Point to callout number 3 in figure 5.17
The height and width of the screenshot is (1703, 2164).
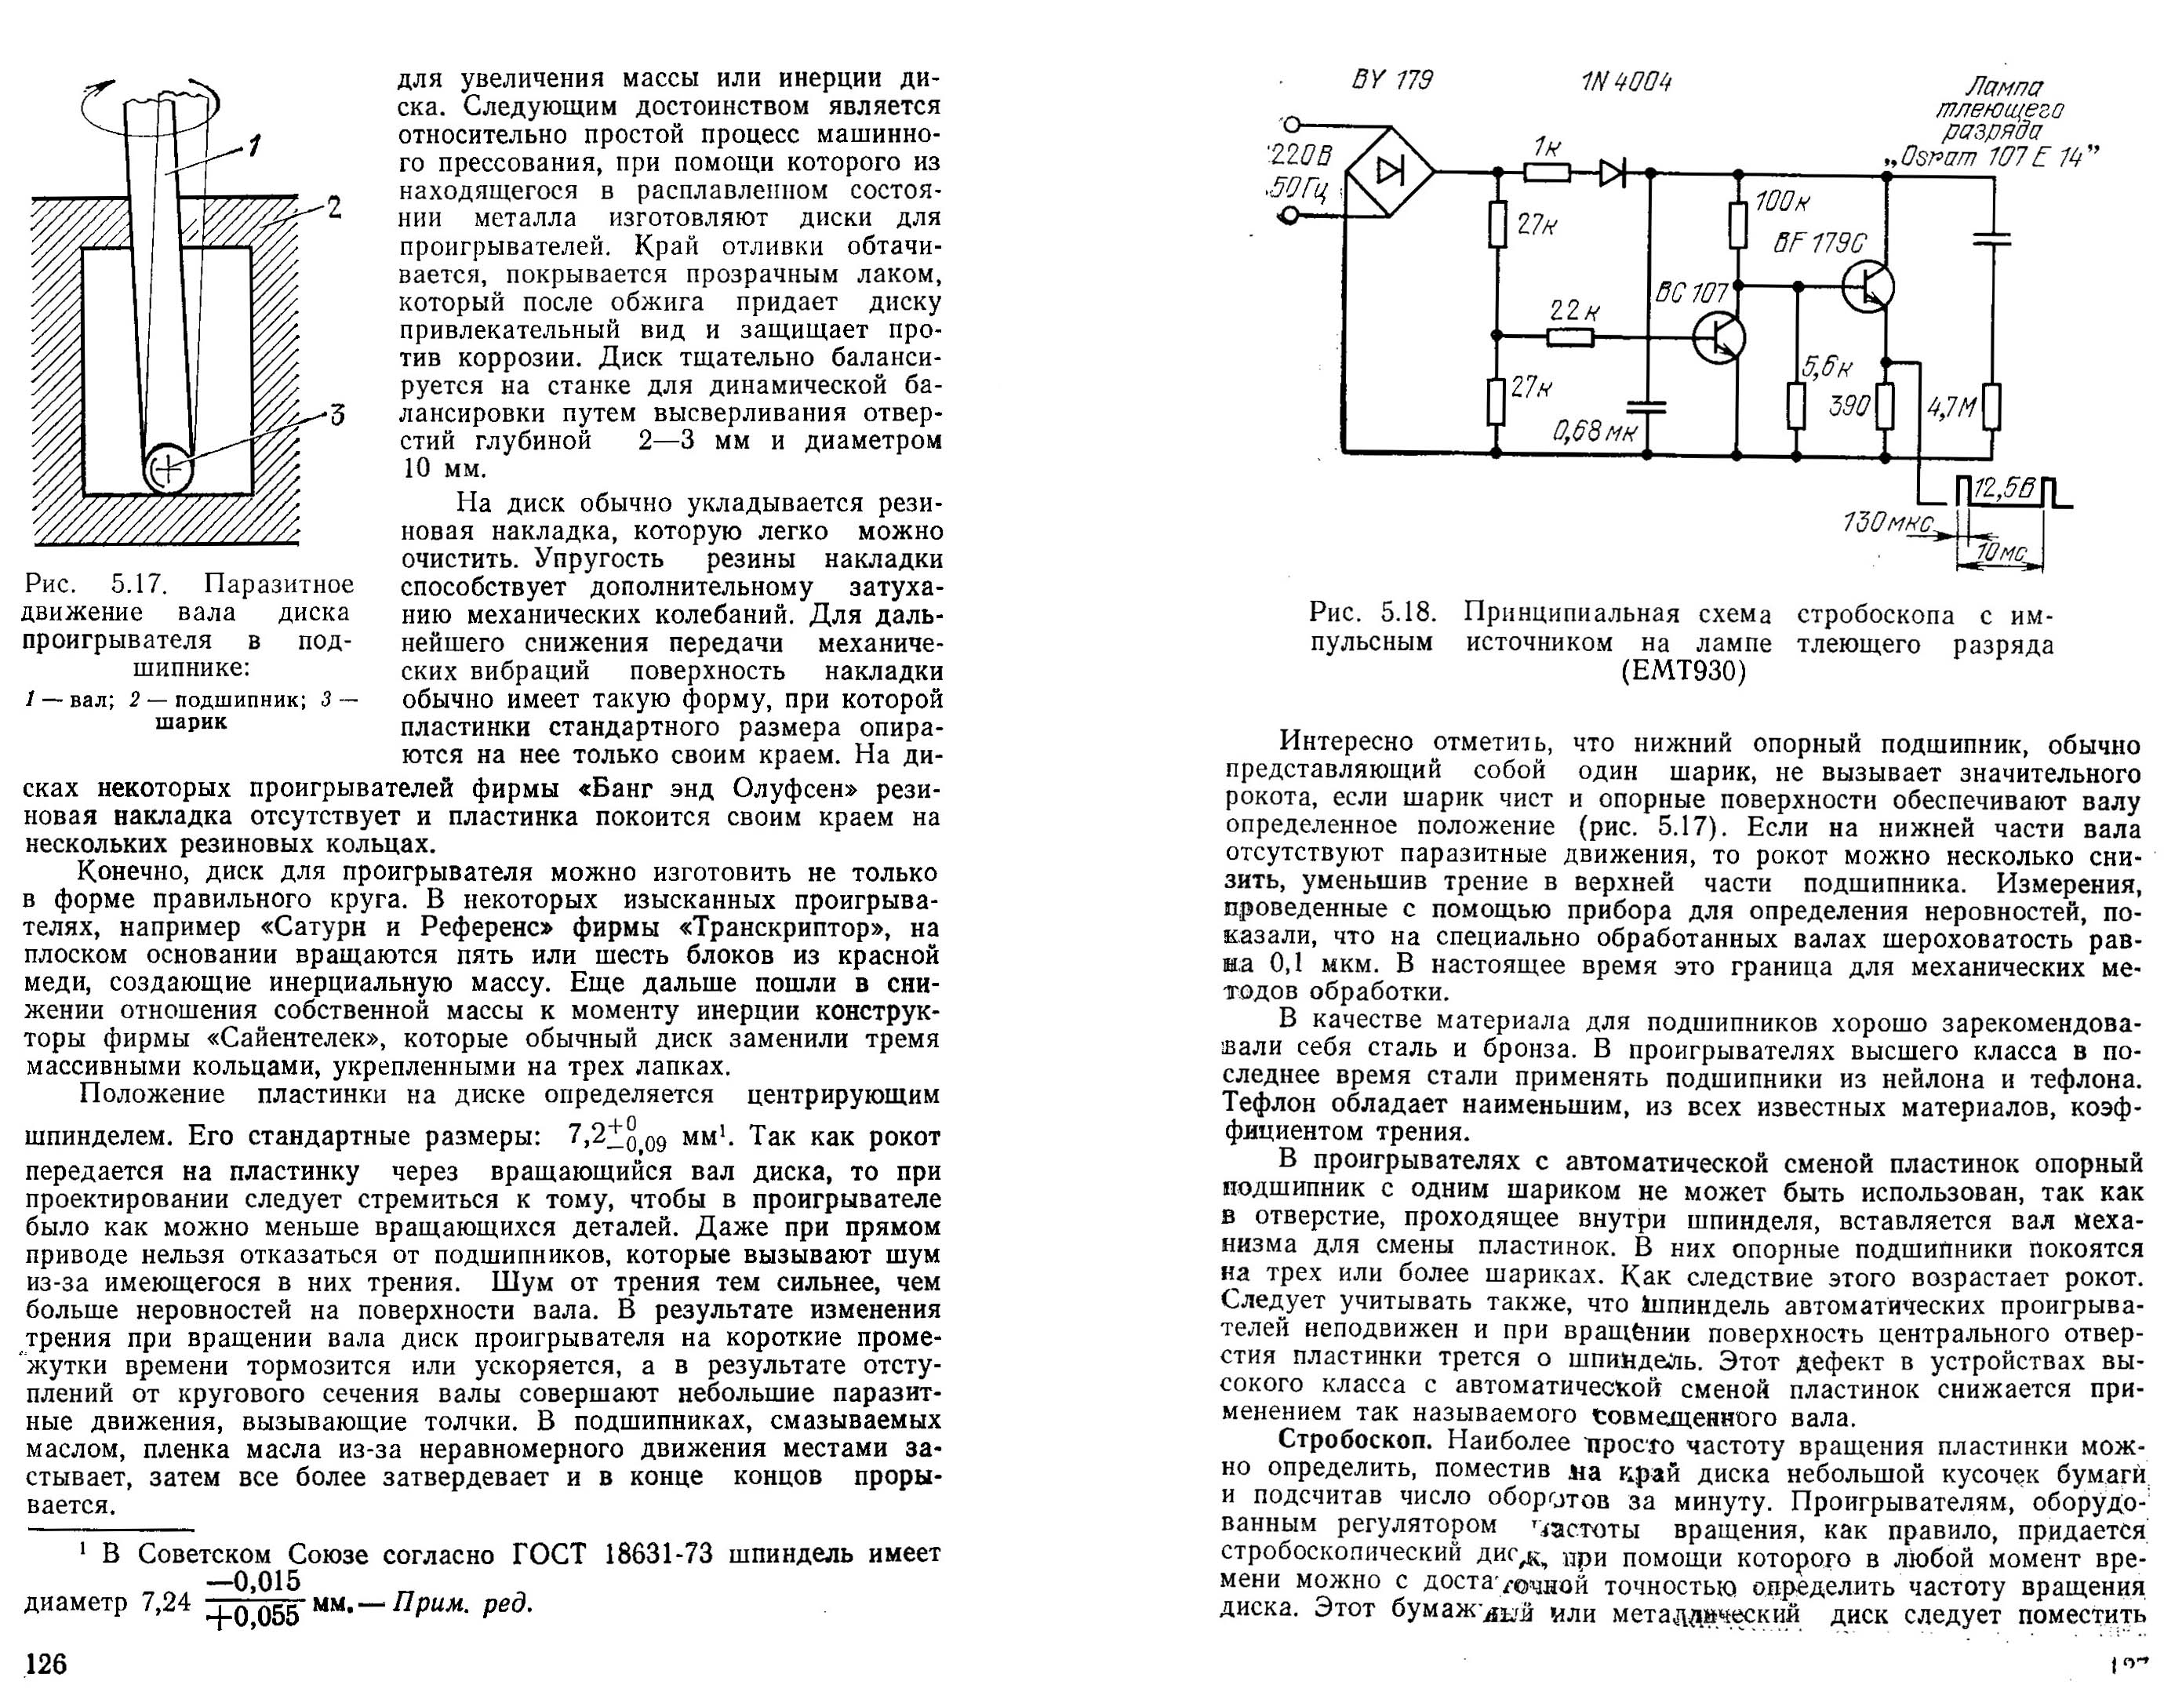click(x=337, y=413)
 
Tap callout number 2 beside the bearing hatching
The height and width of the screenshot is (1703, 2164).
click(x=335, y=209)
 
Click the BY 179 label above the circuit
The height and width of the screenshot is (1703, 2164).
click(x=1391, y=81)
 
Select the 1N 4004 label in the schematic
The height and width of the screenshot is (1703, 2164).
click(x=1626, y=82)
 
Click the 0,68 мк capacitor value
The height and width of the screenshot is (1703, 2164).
click(x=1595, y=431)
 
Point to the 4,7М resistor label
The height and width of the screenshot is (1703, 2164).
click(x=1951, y=408)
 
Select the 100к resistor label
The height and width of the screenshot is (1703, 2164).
click(x=1781, y=202)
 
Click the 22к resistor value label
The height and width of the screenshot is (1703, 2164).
click(x=1575, y=311)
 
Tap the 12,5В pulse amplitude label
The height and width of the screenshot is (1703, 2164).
click(x=2003, y=489)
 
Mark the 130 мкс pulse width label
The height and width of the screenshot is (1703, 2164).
click(x=1887, y=522)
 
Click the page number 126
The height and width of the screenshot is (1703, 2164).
click(x=45, y=1663)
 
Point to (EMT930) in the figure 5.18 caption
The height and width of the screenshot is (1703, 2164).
click(x=1683, y=672)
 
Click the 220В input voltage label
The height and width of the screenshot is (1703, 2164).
click(x=1300, y=157)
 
